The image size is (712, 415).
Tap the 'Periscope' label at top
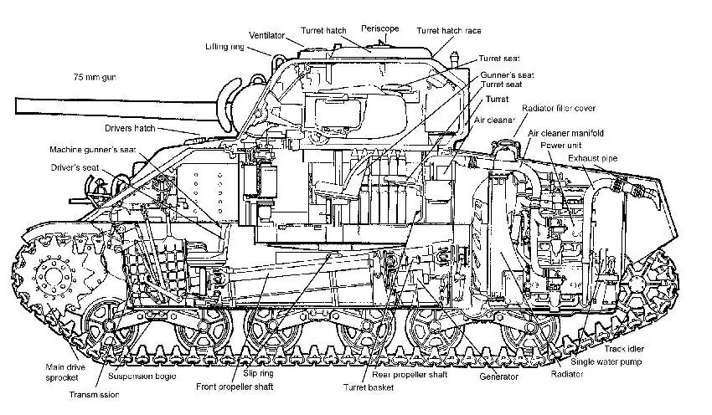[380, 28]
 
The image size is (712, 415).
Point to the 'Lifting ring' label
[227, 47]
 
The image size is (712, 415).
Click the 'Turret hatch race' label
[451, 30]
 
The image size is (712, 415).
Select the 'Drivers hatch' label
[131, 129]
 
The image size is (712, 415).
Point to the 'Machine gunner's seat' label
[93, 150]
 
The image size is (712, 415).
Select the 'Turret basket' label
[369, 387]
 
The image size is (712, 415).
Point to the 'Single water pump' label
[611, 362]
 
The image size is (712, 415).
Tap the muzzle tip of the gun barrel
[17, 106]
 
